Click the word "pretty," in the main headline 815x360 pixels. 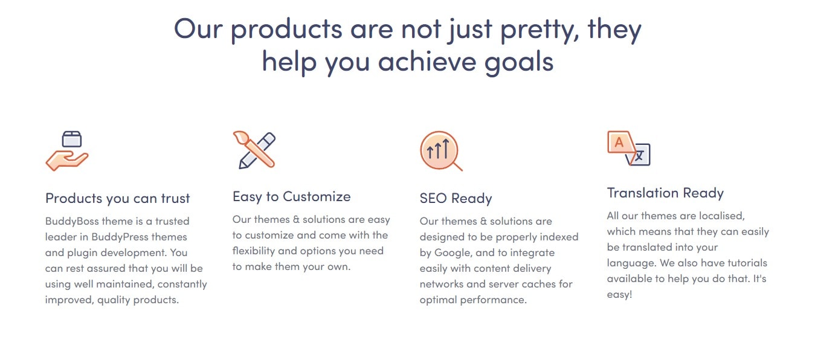540,31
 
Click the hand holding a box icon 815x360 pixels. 67,150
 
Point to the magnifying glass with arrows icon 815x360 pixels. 441,150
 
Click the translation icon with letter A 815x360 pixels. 629,148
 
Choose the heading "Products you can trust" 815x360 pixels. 118,199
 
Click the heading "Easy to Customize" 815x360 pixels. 291,197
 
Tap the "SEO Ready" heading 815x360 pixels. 456,199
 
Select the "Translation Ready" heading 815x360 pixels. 665,193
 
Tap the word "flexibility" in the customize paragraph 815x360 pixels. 254,251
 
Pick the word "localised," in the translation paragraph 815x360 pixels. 722,216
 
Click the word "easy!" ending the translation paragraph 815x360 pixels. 620,295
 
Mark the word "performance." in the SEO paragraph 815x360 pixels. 493,300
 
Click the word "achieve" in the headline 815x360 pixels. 427,62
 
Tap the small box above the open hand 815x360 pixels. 72,139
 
